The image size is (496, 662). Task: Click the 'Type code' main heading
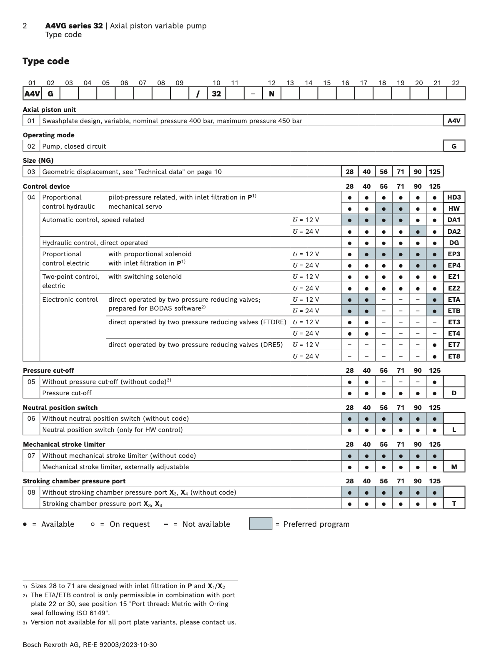click(x=46, y=61)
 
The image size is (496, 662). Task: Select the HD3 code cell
click(x=454, y=197)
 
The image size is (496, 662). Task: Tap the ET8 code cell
click(x=454, y=356)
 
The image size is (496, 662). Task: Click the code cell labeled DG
click(x=454, y=243)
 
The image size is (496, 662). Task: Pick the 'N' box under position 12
click(x=272, y=93)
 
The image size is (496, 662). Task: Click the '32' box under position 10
click(x=216, y=93)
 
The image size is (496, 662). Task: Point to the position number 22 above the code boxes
click(x=456, y=83)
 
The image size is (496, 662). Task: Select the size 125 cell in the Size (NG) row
click(x=434, y=172)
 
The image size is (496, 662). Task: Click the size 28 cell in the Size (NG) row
click(x=349, y=172)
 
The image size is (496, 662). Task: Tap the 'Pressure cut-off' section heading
click(x=48, y=370)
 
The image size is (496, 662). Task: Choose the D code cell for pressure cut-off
click(x=454, y=393)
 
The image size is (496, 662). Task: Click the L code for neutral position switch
click(x=454, y=430)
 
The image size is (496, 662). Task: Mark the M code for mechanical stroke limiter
click(x=454, y=467)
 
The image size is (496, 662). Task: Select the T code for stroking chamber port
click(x=454, y=503)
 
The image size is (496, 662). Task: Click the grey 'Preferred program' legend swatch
click(x=261, y=524)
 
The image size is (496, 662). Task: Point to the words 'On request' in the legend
click(x=129, y=524)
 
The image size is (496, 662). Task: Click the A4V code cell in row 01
click(x=454, y=121)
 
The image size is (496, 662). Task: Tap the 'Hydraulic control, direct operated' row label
click(x=95, y=243)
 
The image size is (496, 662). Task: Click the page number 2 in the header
click(x=25, y=26)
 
